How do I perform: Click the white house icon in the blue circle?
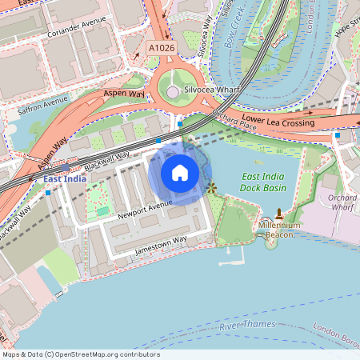[x=180, y=172]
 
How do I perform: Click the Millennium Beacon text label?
[x=278, y=230]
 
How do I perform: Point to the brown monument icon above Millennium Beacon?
[x=279, y=214]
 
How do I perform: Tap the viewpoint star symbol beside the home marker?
[x=212, y=188]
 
